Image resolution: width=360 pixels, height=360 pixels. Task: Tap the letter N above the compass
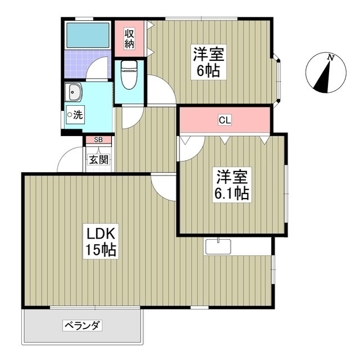331,57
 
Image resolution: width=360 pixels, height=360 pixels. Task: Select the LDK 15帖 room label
101,241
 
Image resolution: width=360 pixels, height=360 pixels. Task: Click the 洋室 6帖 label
209,63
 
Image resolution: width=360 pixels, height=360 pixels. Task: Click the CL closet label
224,120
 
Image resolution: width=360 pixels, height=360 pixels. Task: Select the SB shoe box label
98,139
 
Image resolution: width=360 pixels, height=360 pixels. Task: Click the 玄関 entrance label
98,160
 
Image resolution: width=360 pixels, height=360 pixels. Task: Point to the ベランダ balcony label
82,326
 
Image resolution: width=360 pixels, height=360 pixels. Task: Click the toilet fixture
129,75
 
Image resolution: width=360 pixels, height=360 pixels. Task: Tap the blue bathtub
88,35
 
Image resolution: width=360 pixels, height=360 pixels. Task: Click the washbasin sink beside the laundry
74,91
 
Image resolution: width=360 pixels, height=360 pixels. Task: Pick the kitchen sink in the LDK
218,246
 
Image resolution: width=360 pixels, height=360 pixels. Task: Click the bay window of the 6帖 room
277,79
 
